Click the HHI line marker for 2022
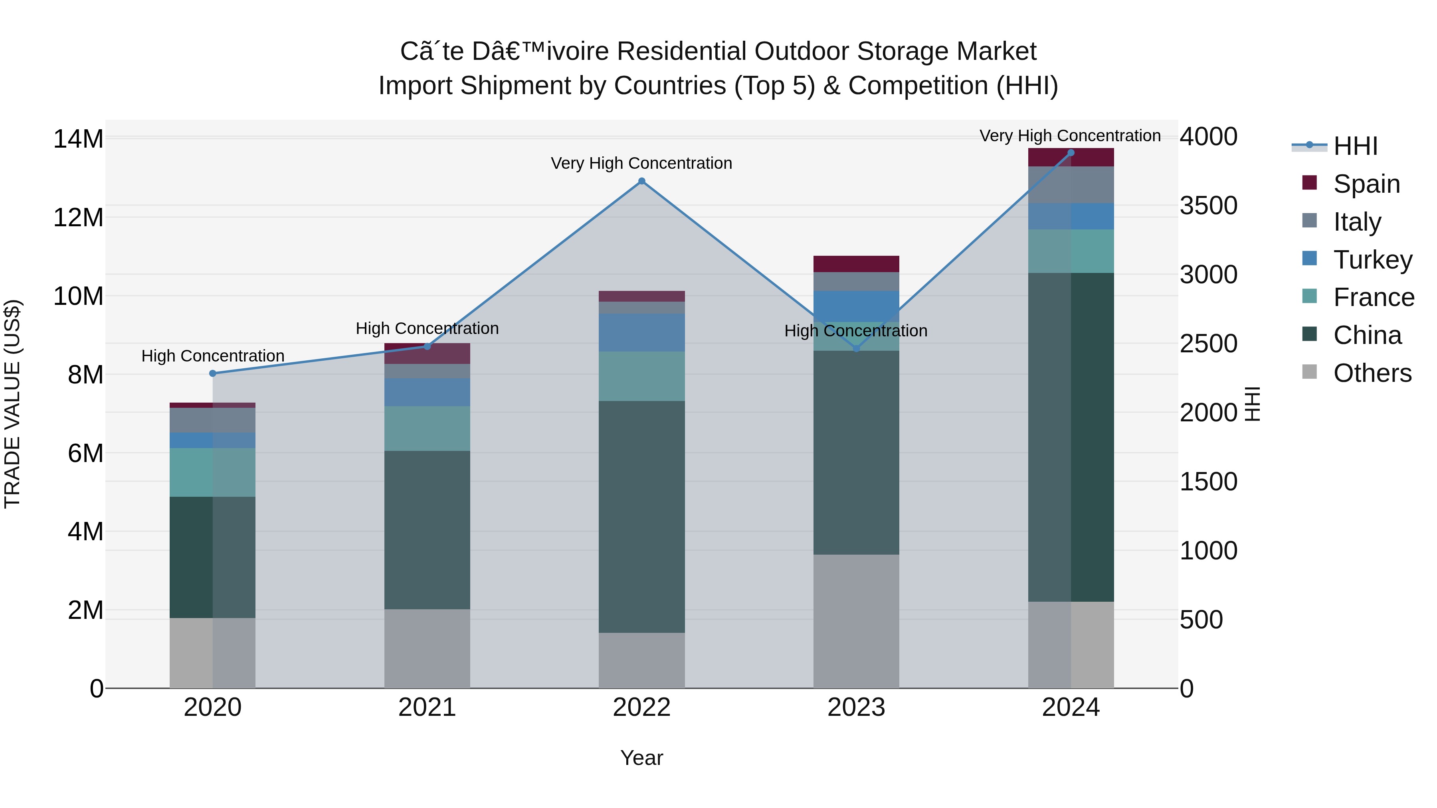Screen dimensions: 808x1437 641,181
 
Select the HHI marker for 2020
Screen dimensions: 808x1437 212,373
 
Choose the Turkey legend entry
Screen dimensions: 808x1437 1372,260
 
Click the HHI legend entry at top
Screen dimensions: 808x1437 1355,146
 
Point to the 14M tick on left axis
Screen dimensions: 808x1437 78,139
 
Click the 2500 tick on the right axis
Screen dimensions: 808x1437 1208,344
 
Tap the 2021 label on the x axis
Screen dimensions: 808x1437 427,707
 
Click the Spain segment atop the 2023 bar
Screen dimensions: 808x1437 856,264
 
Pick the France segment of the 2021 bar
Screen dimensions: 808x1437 427,428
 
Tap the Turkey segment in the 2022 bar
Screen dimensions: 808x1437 641,332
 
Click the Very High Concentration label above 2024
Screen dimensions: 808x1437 1070,136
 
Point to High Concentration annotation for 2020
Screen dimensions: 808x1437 212,356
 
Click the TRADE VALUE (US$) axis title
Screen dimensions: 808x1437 12,404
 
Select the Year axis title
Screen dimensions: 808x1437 641,758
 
